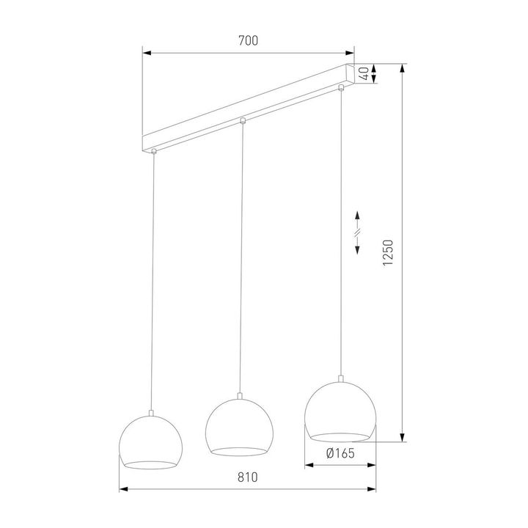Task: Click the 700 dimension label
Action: tap(248, 42)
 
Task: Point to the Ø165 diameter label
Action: tap(340, 453)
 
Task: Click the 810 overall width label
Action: tap(248, 477)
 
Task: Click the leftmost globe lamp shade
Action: tap(152, 442)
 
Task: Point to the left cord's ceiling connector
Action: tap(153, 152)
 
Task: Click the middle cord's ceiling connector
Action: tap(243, 120)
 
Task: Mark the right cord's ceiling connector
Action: tap(341, 89)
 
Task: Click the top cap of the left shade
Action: tap(152, 414)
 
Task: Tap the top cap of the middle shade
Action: tap(240, 398)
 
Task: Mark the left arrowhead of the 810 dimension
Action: tap(123, 489)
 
